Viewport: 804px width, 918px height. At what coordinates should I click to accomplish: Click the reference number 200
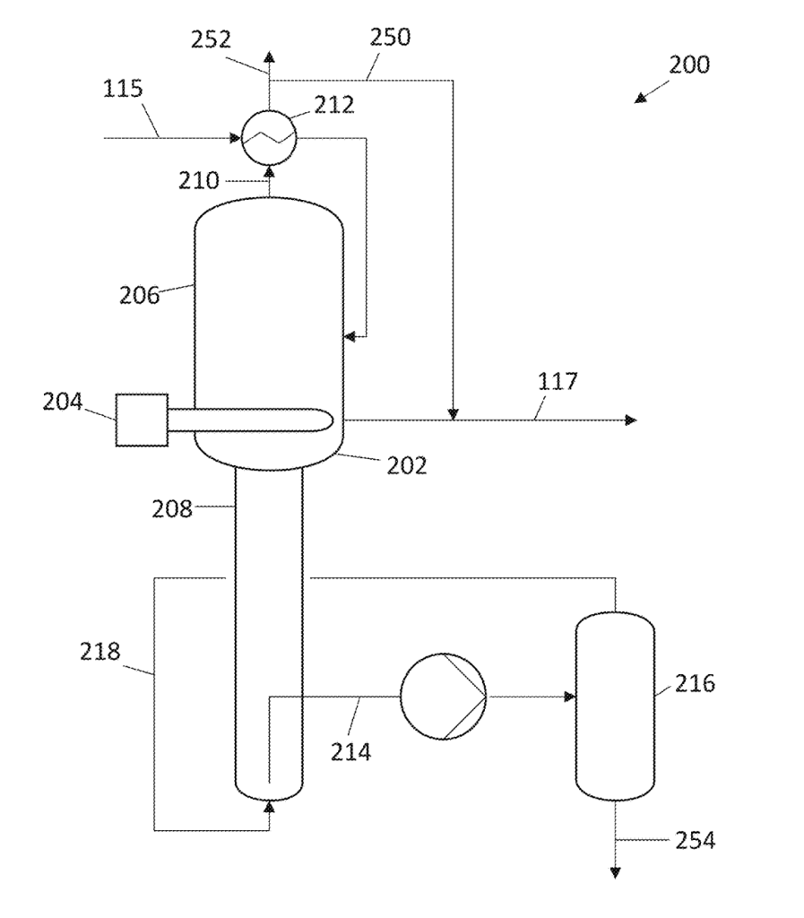[x=689, y=65]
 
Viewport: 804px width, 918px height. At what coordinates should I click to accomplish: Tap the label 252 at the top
[x=212, y=39]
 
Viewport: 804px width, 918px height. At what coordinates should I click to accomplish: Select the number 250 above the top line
[x=390, y=38]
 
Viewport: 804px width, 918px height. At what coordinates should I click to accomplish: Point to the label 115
[x=123, y=89]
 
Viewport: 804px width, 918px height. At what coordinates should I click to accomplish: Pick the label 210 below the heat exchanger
[x=199, y=181]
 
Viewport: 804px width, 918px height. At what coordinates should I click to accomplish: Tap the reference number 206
[x=139, y=295]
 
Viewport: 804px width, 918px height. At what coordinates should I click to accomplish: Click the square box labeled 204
[x=142, y=420]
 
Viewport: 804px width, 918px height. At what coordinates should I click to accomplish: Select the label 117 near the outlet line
[x=558, y=382]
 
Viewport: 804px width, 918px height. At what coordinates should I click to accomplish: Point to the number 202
[x=407, y=466]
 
